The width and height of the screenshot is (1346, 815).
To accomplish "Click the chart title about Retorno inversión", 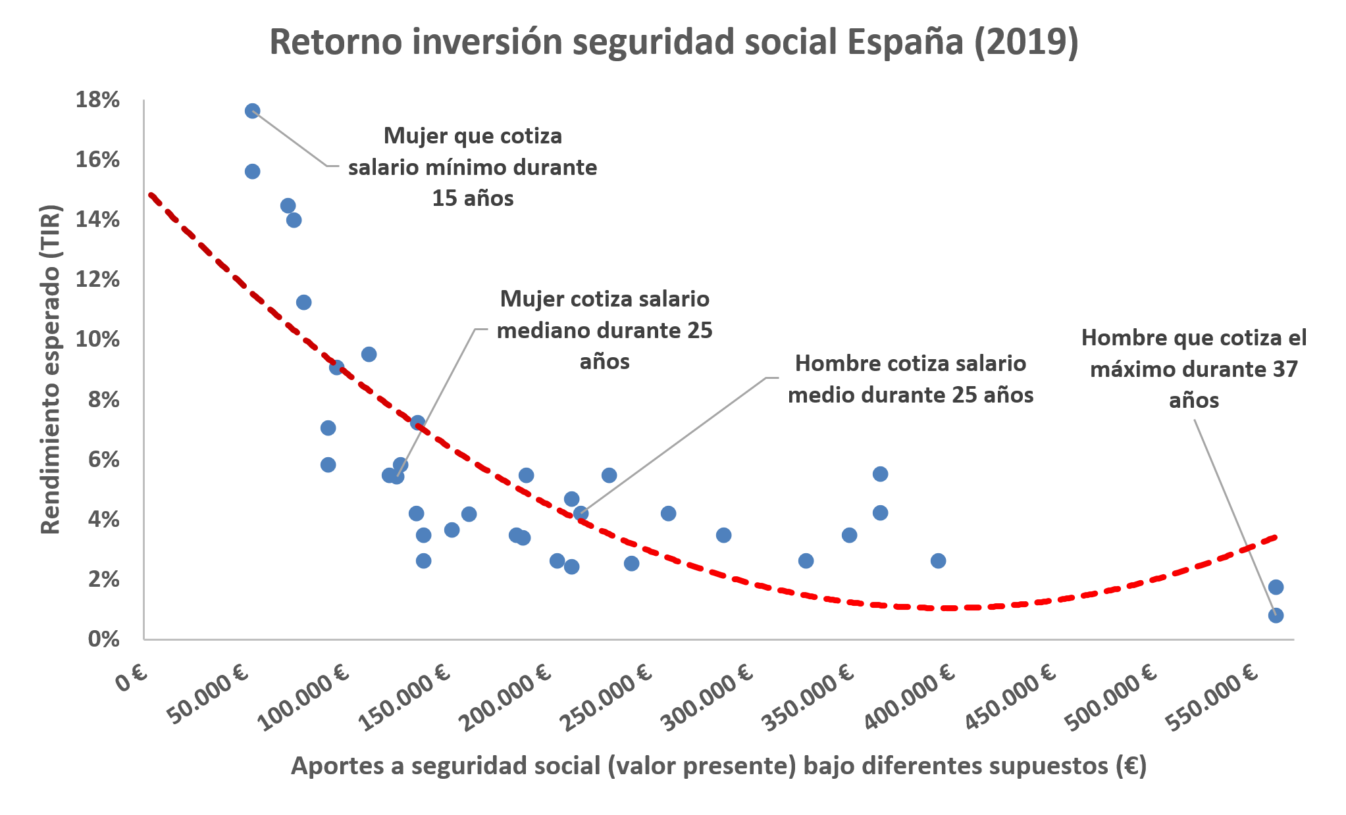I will (x=673, y=42).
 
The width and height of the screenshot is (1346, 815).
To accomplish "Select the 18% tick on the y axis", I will (x=97, y=100).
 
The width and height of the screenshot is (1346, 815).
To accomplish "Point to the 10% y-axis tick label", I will (x=97, y=340).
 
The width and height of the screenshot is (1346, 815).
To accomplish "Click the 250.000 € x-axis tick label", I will (x=606, y=697).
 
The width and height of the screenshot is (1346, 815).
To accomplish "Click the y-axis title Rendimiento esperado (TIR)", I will (x=51, y=369).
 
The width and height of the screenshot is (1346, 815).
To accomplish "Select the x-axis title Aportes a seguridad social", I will (x=719, y=766).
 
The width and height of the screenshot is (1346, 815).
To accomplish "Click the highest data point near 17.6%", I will (x=252, y=111).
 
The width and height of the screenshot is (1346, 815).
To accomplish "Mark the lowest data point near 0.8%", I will (x=1276, y=615).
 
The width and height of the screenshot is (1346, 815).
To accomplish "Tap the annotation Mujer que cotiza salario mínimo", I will (x=473, y=167).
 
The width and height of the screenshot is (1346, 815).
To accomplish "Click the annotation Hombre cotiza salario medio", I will (x=910, y=379).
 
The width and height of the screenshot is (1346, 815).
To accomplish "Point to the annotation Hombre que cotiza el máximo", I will (x=1193, y=369).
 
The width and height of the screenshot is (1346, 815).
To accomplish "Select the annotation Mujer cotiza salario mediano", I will (x=604, y=330).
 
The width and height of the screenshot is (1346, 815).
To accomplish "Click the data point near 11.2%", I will (x=303, y=302).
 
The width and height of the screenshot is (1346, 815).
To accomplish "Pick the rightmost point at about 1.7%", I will (x=1276, y=587).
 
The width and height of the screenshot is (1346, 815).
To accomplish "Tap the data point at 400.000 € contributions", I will (x=938, y=560).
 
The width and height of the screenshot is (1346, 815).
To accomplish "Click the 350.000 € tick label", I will (x=808, y=697).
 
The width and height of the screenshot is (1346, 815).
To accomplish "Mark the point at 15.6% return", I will (x=252, y=171).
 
